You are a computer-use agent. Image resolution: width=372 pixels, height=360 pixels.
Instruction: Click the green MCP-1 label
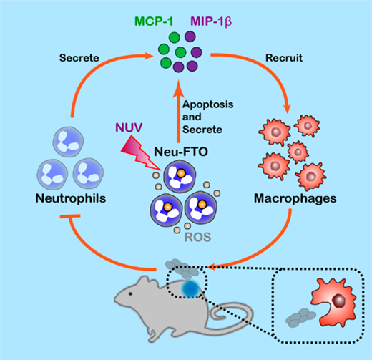154,21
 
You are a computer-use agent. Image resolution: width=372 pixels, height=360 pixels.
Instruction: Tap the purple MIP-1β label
211,21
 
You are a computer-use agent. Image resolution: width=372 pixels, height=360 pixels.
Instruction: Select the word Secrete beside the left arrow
79,58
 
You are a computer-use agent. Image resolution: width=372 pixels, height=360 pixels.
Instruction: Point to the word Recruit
284,58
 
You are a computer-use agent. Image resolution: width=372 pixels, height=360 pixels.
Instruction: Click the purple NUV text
129,127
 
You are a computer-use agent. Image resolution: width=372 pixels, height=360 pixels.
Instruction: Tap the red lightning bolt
139,152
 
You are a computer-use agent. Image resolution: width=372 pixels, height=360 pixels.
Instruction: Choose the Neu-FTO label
181,152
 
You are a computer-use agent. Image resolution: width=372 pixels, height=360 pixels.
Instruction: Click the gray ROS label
198,237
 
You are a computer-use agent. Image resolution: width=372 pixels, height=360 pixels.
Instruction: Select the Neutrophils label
71,198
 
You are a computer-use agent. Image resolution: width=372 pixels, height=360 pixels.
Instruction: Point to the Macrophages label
295,198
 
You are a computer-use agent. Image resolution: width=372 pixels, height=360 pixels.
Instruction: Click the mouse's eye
130,293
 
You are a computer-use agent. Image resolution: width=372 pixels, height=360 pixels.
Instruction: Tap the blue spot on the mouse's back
191,288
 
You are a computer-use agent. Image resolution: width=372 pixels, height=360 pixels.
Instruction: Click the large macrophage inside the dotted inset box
334,302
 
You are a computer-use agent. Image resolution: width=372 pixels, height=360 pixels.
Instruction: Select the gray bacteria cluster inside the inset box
300,317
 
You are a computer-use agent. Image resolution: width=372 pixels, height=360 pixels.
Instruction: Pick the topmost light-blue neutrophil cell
68,142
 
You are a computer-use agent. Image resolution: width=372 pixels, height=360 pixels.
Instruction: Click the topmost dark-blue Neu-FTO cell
180,177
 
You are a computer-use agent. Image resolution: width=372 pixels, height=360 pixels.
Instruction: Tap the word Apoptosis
207,104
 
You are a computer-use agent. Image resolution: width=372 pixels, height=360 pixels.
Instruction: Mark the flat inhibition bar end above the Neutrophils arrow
70,216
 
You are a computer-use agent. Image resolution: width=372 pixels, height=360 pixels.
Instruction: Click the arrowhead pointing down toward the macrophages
288,108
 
